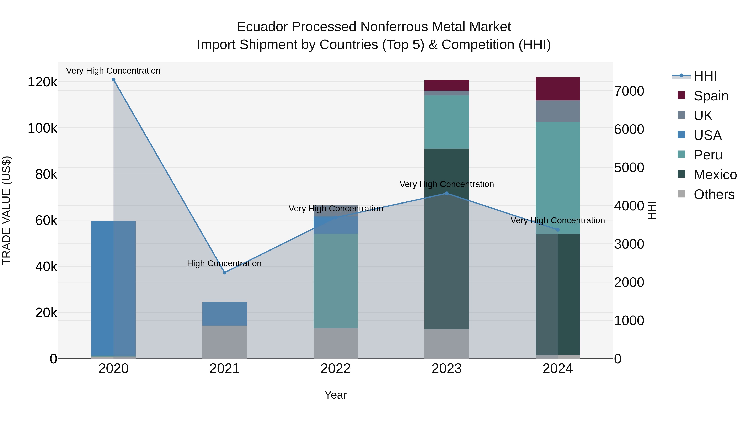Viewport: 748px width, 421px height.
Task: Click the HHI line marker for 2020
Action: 113,80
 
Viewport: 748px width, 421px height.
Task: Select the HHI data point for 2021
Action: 224,273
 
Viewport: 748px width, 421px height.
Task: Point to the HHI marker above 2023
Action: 447,194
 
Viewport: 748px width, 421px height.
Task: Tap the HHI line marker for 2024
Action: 557,230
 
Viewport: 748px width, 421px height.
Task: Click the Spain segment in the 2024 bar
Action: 557,89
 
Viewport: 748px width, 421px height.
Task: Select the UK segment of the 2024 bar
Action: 557,111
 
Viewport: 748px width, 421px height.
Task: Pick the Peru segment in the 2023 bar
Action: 447,122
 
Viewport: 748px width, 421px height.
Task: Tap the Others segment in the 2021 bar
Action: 224,342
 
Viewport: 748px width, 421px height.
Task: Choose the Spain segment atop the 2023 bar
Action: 447,85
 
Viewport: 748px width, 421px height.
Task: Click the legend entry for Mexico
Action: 715,175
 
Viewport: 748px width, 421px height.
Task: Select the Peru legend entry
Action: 708,155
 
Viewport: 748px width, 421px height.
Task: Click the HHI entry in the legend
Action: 705,76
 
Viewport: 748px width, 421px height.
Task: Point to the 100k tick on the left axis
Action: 42,128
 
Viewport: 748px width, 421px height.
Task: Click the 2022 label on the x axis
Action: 335,369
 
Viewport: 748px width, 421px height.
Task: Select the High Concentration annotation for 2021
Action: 224,263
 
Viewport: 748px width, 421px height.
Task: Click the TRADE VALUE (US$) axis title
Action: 6,210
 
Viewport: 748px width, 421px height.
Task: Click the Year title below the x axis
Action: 335,395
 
